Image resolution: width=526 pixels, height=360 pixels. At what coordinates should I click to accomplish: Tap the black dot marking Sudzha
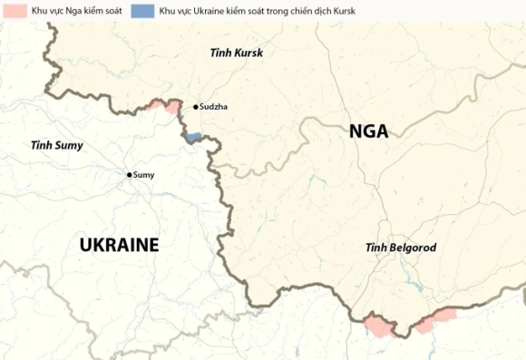tap(196, 106)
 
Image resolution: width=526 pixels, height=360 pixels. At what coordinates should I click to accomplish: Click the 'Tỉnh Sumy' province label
tap(56, 145)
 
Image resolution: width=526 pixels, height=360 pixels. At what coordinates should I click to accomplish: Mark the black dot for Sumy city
tap(130, 174)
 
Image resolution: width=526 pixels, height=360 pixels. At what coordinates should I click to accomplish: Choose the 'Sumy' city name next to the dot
tap(144, 174)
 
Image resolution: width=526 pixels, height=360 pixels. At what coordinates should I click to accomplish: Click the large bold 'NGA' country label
tap(368, 131)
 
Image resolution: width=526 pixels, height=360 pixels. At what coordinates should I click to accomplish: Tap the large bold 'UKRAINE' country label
tap(119, 245)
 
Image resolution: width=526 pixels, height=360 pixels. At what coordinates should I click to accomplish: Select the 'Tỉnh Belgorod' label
tap(401, 248)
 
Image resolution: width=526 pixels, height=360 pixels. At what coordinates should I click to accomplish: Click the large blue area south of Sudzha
tap(192, 138)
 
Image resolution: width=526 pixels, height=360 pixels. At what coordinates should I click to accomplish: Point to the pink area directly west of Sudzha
tap(169, 106)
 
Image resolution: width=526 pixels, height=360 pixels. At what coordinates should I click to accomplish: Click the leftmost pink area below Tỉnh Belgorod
tap(378, 326)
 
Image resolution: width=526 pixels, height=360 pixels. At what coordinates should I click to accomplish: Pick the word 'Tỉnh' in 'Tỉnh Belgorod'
tap(375, 248)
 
